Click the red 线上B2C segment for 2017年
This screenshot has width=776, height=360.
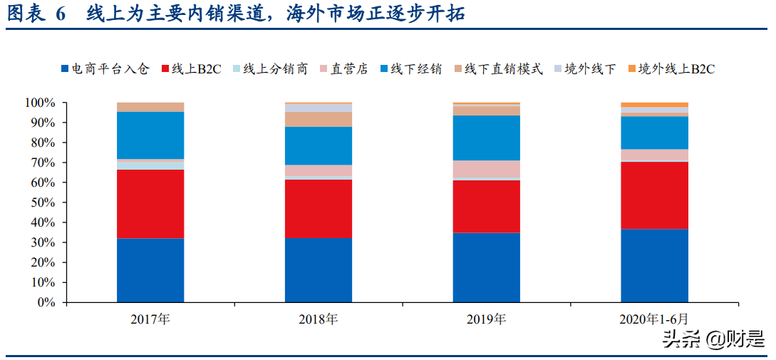click(x=150, y=204)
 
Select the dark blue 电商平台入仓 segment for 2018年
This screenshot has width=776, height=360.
click(x=319, y=269)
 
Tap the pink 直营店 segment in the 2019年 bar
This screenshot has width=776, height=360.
click(x=487, y=169)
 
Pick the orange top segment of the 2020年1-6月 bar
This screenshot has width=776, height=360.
click(x=654, y=105)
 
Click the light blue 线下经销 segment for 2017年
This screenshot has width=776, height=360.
click(x=150, y=135)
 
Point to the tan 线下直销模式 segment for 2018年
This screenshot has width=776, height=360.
click(x=319, y=119)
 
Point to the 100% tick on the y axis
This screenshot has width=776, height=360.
click(x=40, y=103)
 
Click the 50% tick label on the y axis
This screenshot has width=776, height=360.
click(x=43, y=203)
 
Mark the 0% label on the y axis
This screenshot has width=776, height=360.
click(x=46, y=303)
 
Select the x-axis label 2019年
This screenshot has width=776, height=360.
click(x=487, y=319)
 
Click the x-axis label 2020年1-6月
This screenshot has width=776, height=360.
click(x=654, y=319)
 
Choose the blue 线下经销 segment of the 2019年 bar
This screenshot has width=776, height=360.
click(x=487, y=138)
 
